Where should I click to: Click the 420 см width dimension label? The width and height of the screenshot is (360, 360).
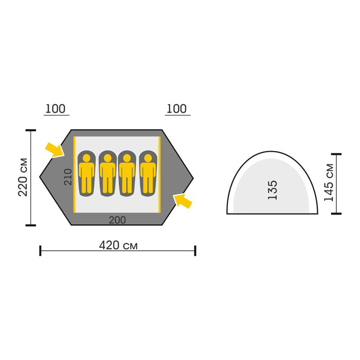pyautogui.click(x=118, y=245)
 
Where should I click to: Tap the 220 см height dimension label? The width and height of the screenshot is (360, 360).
pyautogui.click(x=23, y=177)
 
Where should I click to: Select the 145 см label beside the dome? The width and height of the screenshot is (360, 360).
pyautogui.click(x=329, y=183)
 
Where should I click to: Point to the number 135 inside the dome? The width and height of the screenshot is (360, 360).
pyautogui.click(x=272, y=190)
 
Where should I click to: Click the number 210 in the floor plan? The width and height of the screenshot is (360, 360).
pyautogui.click(x=68, y=177)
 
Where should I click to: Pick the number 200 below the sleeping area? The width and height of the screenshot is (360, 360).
pyautogui.click(x=117, y=220)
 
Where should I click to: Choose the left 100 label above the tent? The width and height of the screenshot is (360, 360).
pyautogui.click(x=55, y=108)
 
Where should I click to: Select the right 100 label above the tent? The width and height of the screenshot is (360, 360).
pyautogui.click(x=176, y=108)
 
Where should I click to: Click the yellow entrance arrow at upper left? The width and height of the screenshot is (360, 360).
pyautogui.click(x=54, y=150)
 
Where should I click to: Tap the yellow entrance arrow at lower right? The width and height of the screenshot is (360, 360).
pyautogui.click(x=183, y=201)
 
